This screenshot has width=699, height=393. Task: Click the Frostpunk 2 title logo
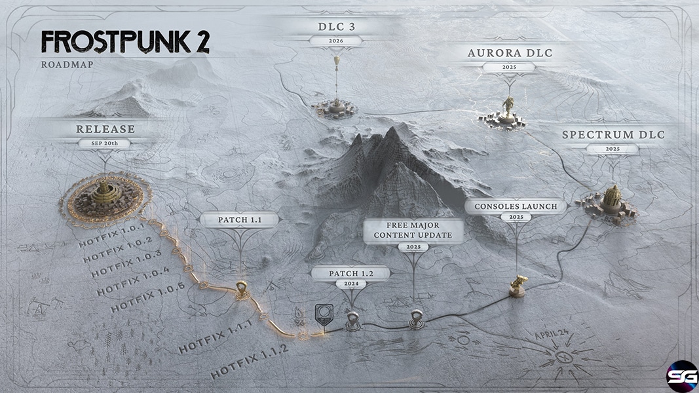pyautogui.click(x=125, y=43)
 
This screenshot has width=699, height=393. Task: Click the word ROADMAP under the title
pyautogui.click(x=67, y=65)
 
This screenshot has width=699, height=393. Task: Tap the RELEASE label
pyautogui.click(x=105, y=129)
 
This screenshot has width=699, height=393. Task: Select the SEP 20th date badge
pyautogui.click(x=105, y=143)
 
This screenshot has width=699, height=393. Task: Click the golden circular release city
pyautogui.click(x=105, y=200)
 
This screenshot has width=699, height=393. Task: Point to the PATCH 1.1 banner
pyautogui.click(x=239, y=219)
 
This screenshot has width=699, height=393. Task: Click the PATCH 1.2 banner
pyautogui.click(x=351, y=274)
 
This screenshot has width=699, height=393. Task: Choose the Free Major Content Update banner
pyautogui.click(x=413, y=231)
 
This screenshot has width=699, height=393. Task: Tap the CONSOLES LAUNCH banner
pyautogui.click(x=516, y=206)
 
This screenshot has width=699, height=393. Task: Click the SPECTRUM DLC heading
pyautogui.click(x=613, y=134)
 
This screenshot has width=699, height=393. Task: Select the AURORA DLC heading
pyautogui.click(x=510, y=53)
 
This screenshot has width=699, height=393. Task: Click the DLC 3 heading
pyautogui.click(x=337, y=27)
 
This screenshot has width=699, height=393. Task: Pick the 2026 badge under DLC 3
pyautogui.click(x=336, y=41)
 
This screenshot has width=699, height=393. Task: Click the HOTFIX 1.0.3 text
pyautogui.click(x=126, y=263)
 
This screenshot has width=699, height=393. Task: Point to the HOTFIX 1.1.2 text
pyautogui.click(x=250, y=362)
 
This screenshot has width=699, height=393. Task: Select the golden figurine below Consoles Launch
pyautogui.click(x=518, y=286)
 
